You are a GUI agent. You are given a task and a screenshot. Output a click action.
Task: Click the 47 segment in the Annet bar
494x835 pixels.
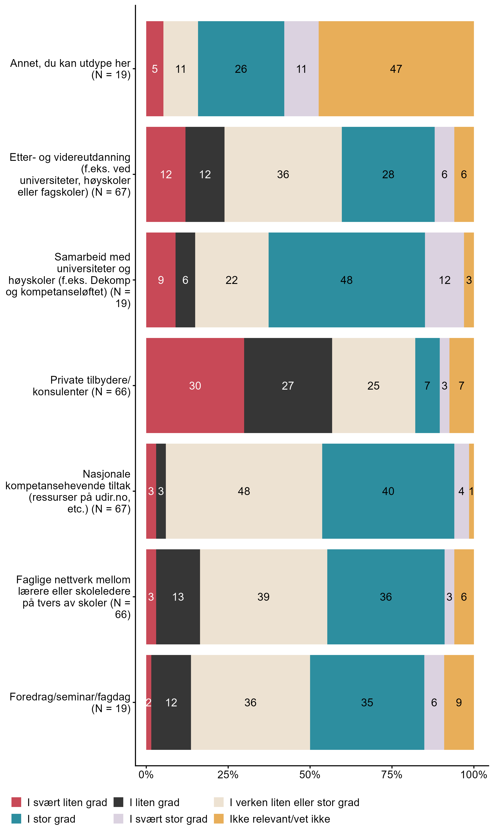click(x=396, y=69)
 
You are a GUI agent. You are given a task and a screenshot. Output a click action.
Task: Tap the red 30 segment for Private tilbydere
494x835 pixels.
click(x=195, y=386)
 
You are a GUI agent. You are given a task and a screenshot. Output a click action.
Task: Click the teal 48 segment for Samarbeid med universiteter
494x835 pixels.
click(x=346, y=280)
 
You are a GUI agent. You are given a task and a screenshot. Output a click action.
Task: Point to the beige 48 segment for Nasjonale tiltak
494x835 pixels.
click(x=244, y=491)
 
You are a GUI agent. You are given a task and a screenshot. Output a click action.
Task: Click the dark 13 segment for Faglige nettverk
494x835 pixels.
click(x=178, y=597)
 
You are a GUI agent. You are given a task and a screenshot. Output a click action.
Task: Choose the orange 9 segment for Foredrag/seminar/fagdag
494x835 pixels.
click(x=459, y=702)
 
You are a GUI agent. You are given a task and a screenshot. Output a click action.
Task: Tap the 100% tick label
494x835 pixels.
click(x=473, y=775)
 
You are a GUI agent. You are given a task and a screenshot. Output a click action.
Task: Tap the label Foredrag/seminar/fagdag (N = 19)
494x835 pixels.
click(x=70, y=702)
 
